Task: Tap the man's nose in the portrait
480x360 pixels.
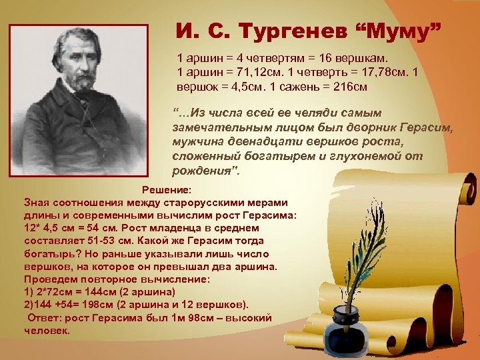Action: coord(84,61)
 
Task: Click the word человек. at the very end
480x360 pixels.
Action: coord(47,331)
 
